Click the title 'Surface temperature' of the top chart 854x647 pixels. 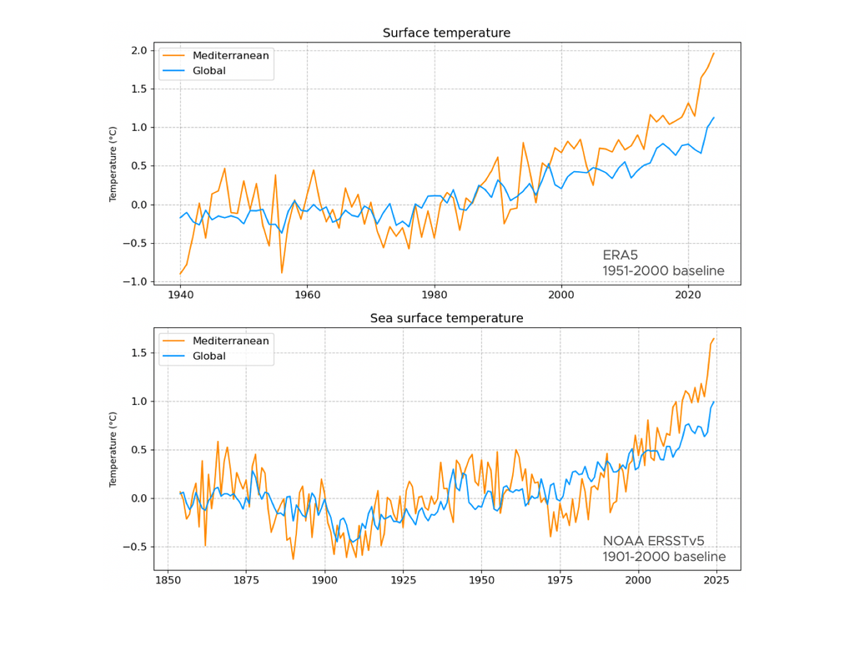[446, 33]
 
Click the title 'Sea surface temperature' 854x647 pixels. [446, 318]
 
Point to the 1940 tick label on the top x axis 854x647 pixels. [180, 295]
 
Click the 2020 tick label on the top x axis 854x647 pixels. [688, 295]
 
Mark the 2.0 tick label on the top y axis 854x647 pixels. [139, 51]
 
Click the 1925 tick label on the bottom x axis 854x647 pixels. [403, 580]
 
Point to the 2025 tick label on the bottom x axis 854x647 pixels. [716, 580]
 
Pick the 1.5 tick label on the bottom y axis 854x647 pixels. [139, 353]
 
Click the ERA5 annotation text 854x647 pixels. [620, 255]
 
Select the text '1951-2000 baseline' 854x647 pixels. [664, 270]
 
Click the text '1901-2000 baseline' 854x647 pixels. [664, 557]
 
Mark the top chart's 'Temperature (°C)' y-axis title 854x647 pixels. [114, 164]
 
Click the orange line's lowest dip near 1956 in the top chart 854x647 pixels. [282, 272]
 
